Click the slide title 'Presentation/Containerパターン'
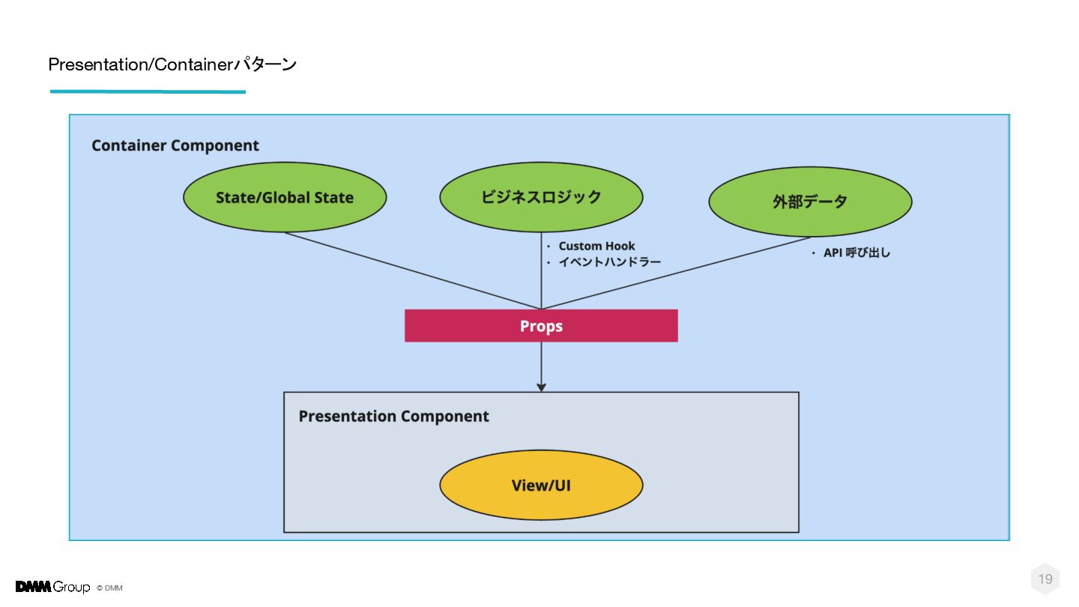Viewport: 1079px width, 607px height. pos(172,64)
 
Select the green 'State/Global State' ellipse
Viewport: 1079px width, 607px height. pos(285,197)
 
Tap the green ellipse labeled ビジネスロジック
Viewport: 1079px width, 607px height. pos(541,197)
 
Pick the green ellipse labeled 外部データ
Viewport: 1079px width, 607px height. pos(810,202)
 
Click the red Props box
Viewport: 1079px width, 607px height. pos(541,326)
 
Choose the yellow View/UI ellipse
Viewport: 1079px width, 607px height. pos(541,485)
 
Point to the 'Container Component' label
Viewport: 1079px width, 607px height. pos(175,145)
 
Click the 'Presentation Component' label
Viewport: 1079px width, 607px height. pos(393,416)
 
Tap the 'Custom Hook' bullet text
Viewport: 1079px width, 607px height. pos(596,246)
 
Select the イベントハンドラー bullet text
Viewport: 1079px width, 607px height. pos(609,262)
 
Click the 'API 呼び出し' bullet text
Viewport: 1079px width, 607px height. pos(856,253)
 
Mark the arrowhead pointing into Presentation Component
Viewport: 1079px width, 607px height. pos(541,387)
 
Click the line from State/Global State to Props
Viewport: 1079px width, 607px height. pos(413,271)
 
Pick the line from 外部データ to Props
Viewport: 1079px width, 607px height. pos(676,273)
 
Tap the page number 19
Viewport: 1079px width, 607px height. pos(1045,579)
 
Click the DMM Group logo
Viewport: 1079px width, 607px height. pos(52,587)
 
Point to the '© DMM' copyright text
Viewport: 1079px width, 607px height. pos(109,588)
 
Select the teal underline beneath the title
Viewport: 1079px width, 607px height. pos(148,91)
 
